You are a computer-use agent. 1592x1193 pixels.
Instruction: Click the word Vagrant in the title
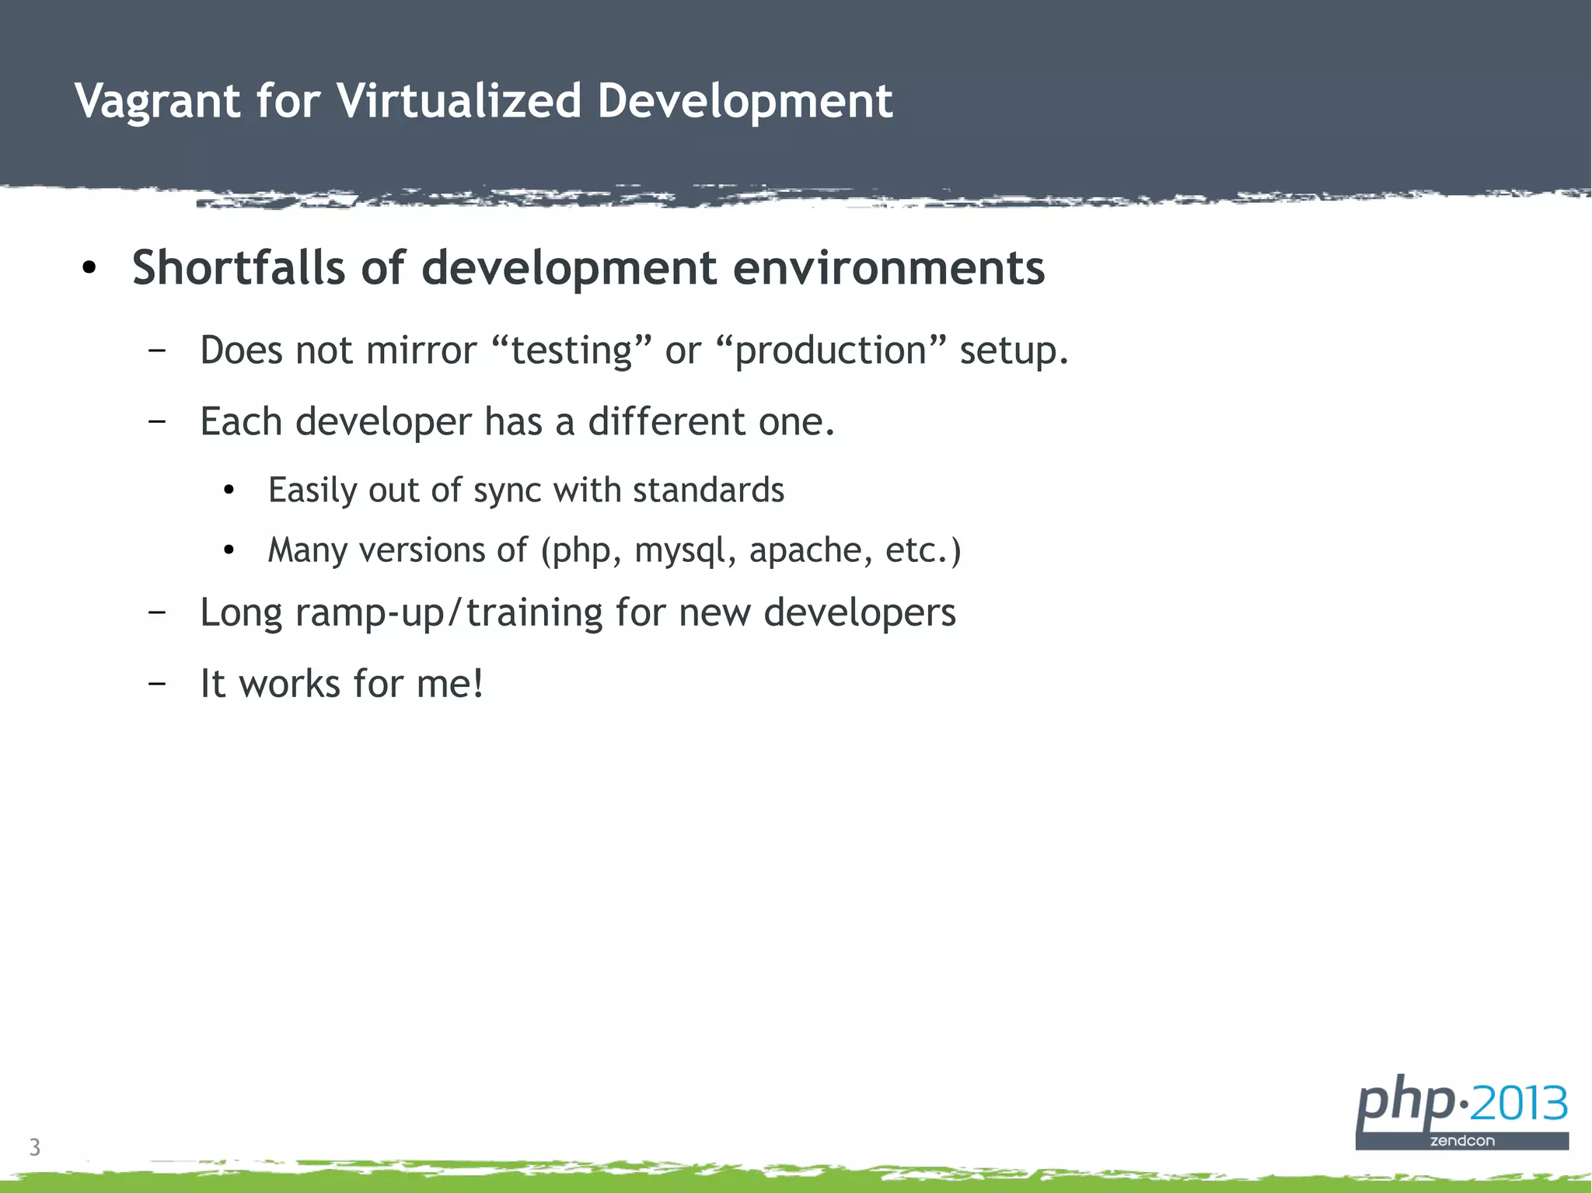pyautogui.click(x=158, y=101)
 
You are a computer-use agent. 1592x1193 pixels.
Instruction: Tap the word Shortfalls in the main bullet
pyautogui.click(x=238, y=268)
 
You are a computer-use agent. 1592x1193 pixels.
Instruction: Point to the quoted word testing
pyautogui.click(x=571, y=351)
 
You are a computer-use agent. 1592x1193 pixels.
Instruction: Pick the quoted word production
pyautogui.click(x=830, y=351)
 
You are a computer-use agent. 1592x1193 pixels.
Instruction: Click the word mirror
pyautogui.click(x=421, y=351)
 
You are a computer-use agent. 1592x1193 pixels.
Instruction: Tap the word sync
pyautogui.click(x=508, y=491)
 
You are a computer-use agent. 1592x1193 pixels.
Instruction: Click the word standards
pyautogui.click(x=708, y=490)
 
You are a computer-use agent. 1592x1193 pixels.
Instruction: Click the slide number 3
pyautogui.click(x=34, y=1147)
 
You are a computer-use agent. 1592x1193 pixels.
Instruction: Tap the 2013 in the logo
pyautogui.click(x=1518, y=1104)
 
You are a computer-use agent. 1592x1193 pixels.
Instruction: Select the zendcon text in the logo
pyautogui.click(x=1461, y=1141)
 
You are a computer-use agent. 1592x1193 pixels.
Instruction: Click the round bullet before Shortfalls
pyautogui.click(x=89, y=269)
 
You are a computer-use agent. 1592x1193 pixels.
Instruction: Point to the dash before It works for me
pyautogui.click(x=156, y=684)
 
